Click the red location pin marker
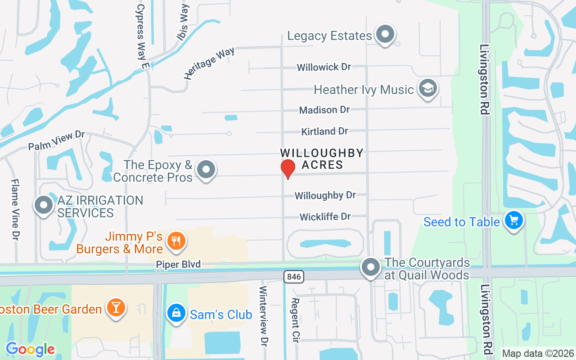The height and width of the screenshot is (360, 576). [288, 169]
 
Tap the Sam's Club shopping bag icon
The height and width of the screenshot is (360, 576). [176, 313]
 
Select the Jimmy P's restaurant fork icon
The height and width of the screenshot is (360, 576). [176, 241]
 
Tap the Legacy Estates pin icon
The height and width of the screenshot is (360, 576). [385, 34]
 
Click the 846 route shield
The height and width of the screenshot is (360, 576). [294, 276]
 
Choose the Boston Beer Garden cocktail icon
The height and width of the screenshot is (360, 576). [116, 308]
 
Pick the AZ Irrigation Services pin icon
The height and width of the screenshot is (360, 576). [44, 205]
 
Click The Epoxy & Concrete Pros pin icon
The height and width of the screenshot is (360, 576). [207, 170]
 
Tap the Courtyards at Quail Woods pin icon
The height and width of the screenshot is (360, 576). [371, 267]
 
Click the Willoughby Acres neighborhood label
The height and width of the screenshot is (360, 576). [322, 159]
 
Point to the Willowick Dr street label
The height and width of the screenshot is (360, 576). [324, 67]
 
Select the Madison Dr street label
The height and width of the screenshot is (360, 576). [324, 110]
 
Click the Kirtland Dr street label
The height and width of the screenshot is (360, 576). [324, 131]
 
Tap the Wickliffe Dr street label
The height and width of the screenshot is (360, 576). [325, 217]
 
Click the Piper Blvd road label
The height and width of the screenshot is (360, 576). [178, 264]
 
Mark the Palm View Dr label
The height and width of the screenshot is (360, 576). [56, 140]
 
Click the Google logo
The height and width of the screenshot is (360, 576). [30, 349]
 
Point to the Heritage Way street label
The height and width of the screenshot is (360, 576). [209, 63]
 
